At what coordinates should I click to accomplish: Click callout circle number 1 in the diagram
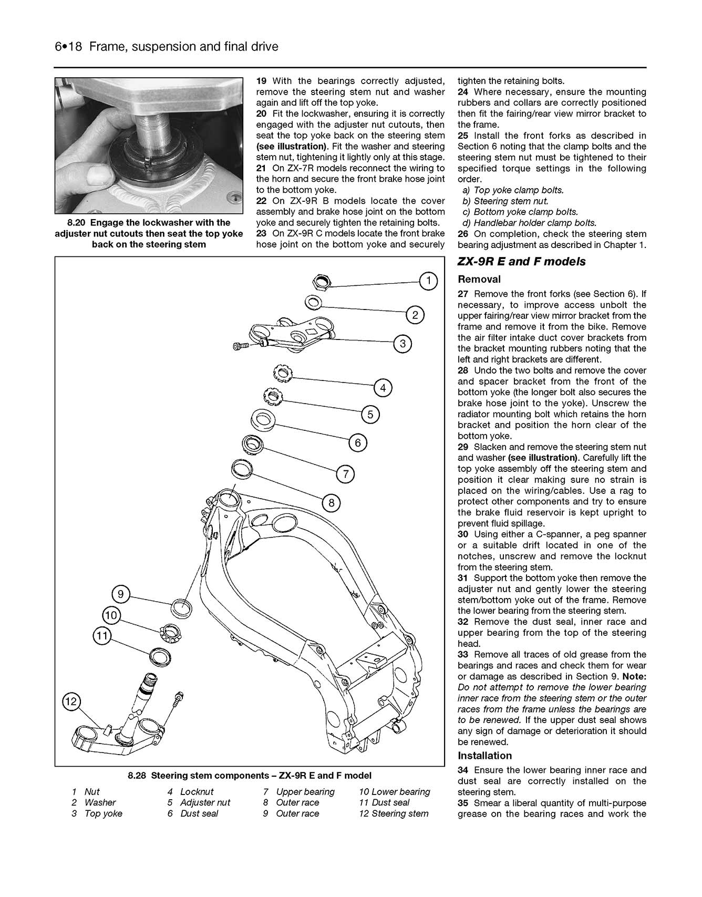[429, 281]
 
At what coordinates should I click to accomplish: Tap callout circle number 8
[331, 503]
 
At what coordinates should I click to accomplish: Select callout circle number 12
[71, 702]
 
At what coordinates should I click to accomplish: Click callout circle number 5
[370, 415]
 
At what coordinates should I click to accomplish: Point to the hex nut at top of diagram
[322, 283]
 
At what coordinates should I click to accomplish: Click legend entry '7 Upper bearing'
[299, 791]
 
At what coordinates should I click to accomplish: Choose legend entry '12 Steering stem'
[394, 813]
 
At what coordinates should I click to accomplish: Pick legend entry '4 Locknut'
[190, 791]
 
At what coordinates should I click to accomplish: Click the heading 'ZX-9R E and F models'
[521, 262]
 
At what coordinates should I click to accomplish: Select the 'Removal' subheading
[479, 280]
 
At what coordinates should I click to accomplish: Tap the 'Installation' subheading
[484, 756]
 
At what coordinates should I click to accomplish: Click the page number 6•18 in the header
[68, 47]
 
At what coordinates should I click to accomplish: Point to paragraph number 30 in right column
[463, 534]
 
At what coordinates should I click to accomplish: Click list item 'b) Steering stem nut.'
[505, 201]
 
